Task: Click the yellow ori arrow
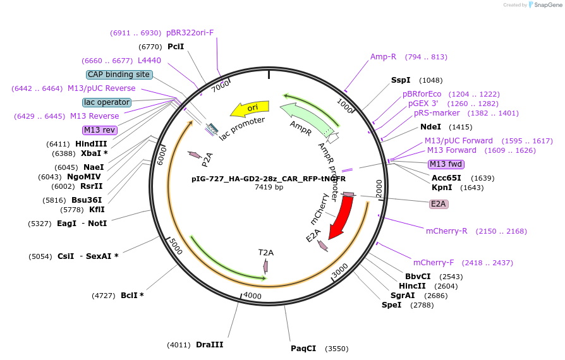tap(248, 109)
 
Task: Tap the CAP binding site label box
tap(119, 75)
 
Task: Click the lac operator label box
tap(106, 102)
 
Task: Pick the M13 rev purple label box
tap(99, 130)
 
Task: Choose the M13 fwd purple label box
tap(446, 164)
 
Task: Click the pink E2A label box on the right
tap(438, 204)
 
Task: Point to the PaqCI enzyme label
tap(303, 349)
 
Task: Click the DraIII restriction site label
tap(209, 345)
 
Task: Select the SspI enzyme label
tap(401, 80)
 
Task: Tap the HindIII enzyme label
tap(91, 144)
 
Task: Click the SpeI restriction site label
tap(391, 305)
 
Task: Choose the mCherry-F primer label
tap(441, 263)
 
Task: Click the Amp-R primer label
tap(383, 57)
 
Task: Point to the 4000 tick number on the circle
tap(252, 296)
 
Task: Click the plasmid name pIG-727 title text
tap(269, 179)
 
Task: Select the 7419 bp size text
tap(269, 187)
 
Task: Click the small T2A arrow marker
tap(265, 267)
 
